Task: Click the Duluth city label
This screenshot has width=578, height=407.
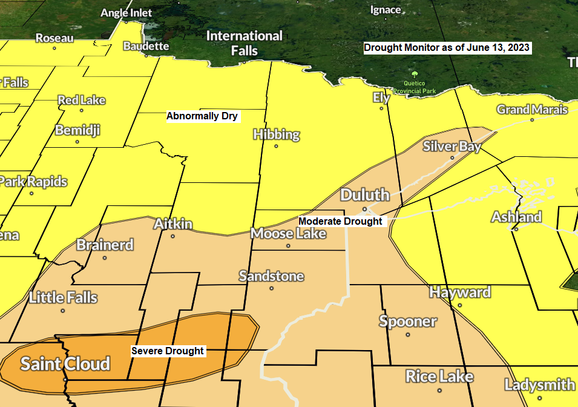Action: click(365, 195)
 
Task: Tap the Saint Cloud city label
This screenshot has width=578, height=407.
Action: click(65, 364)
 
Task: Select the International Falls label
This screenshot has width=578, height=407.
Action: click(245, 43)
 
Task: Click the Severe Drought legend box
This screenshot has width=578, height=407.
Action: click(168, 351)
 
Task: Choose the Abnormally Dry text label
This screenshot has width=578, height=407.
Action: click(203, 116)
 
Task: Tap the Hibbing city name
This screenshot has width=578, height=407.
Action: click(277, 134)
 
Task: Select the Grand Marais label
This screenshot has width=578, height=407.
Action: click(532, 110)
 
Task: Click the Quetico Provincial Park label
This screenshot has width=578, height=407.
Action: click(414, 87)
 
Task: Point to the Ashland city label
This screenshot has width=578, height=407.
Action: click(516, 217)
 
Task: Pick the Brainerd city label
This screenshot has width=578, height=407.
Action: click(105, 245)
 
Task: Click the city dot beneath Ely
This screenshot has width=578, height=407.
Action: click(381, 108)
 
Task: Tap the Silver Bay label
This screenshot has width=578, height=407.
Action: click(452, 146)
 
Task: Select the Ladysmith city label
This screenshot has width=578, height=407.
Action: click(540, 385)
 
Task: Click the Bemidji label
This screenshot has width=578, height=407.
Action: click(77, 130)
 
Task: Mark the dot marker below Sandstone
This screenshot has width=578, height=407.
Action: click(271, 288)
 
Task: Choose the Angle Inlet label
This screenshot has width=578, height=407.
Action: click(126, 13)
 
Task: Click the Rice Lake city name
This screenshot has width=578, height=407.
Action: click(439, 376)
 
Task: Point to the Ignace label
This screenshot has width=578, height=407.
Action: click(386, 10)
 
